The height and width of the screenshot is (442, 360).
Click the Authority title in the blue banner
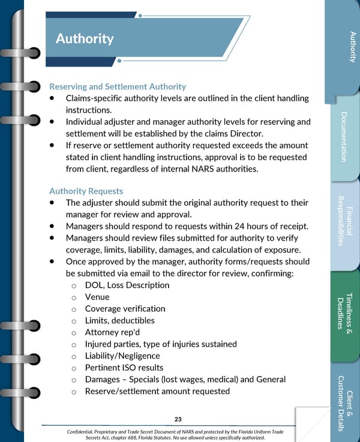point(85,39)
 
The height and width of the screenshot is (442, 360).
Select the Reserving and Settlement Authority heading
point(118,86)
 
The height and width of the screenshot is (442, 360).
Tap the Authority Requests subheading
point(86,191)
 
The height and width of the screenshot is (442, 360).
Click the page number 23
point(178,419)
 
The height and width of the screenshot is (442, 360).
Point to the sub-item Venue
point(97,297)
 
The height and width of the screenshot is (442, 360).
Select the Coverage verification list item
point(125,309)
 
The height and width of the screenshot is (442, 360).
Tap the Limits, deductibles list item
point(119,321)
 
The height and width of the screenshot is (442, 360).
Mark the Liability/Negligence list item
point(122,356)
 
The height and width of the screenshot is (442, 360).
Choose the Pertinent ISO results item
point(124,368)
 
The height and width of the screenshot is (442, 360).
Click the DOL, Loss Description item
point(127,285)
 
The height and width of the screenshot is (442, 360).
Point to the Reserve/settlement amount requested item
point(157,391)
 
